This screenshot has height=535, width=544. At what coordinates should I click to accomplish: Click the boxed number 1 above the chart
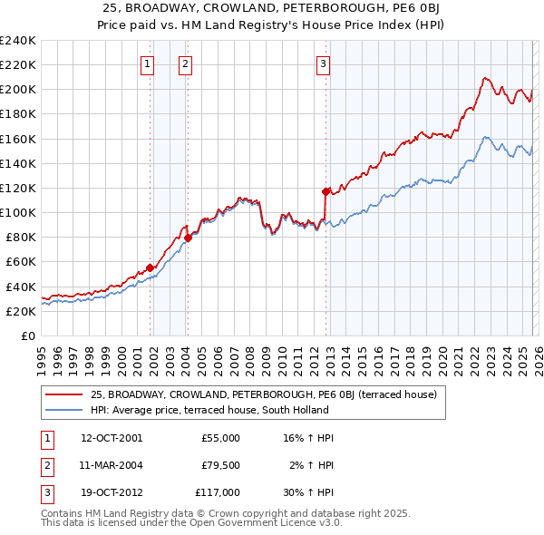147,63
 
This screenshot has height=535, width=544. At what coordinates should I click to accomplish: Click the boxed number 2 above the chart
185,63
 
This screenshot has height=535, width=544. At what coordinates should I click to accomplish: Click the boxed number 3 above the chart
324,63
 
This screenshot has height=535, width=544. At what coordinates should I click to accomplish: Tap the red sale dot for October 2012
325,191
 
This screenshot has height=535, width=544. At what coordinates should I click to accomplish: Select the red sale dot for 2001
150,267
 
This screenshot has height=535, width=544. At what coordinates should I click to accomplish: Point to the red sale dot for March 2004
188,238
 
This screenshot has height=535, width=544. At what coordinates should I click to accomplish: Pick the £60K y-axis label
21,262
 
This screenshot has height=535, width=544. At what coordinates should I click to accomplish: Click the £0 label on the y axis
28,336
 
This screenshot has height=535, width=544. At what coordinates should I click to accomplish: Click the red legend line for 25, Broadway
63,394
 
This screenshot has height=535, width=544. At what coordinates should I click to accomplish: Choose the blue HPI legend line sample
63,409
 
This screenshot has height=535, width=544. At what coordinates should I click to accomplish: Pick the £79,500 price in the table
220,465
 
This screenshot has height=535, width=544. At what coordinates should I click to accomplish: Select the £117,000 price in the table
218,492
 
